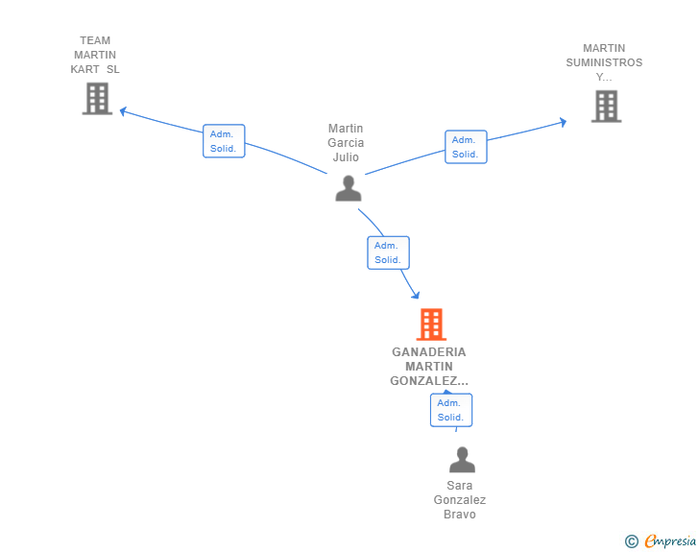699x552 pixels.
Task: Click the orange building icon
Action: coord(431,324)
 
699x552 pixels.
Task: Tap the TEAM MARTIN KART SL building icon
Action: coord(97,99)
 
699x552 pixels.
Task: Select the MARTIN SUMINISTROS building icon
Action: coord(606,107)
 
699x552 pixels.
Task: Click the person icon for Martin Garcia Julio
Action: coord(349,188)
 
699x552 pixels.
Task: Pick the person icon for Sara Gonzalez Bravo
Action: coord(462,459)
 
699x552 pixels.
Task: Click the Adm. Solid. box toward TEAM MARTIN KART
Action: coord(224,141)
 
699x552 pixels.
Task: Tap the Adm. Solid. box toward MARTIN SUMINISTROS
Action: coord(466,147)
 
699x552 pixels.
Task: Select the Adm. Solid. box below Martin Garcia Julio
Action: coord(388,252)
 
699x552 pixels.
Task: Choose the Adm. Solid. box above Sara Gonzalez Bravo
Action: coord(451,410)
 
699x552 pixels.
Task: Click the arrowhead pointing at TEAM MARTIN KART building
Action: coord(123,111)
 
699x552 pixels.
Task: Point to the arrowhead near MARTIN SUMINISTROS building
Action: coord(563,122)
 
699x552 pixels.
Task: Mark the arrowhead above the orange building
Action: coord(416,295)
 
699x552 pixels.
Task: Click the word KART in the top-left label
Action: coord(84,69)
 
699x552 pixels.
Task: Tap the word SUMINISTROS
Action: coord(604,62)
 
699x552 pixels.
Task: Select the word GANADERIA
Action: coord(429,352)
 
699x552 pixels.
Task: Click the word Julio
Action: coord(346,156)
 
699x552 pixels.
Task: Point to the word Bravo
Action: coord(460,515)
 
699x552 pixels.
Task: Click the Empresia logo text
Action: coord(670,540)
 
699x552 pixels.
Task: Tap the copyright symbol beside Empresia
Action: coord(631,541)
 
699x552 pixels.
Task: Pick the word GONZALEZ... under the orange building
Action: coord(429,381)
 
